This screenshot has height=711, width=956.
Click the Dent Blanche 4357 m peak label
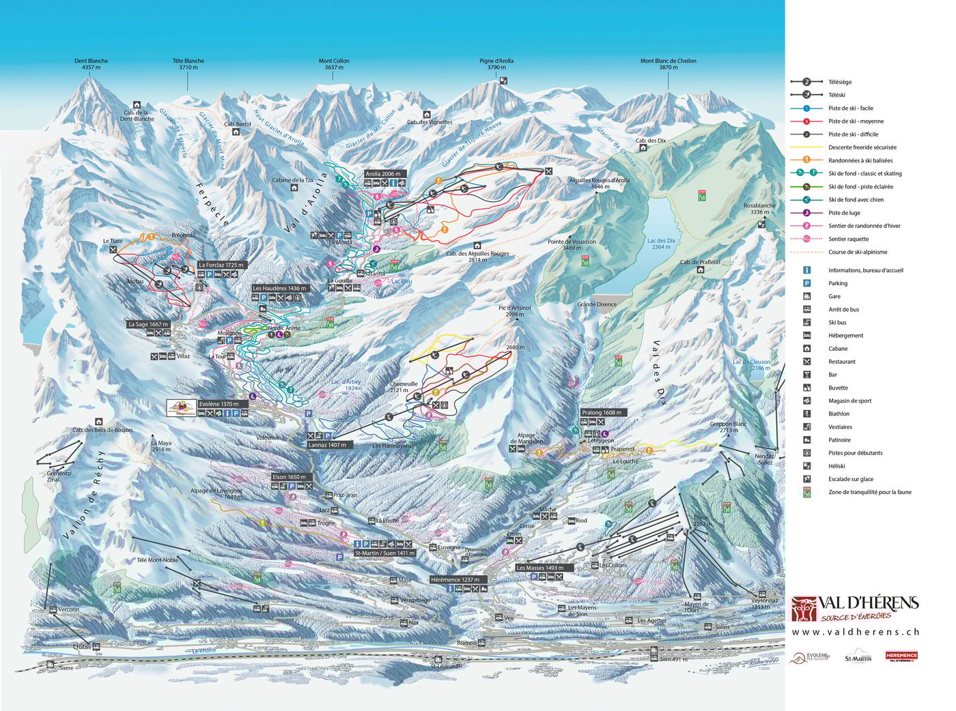91,64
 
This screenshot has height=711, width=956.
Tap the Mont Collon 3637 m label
334,64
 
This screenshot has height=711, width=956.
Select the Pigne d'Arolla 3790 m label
496,64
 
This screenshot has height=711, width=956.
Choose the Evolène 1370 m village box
219,404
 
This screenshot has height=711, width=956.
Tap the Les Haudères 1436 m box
280,289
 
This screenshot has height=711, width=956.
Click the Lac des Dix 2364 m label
660,244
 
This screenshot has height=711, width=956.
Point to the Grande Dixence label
596,304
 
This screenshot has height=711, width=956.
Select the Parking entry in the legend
837,283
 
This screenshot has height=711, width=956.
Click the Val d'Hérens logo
855,607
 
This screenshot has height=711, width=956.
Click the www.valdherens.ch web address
856,632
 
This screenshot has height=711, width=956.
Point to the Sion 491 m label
673,659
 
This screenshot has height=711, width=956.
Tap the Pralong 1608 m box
601,413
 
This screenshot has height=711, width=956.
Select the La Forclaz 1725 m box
221,264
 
